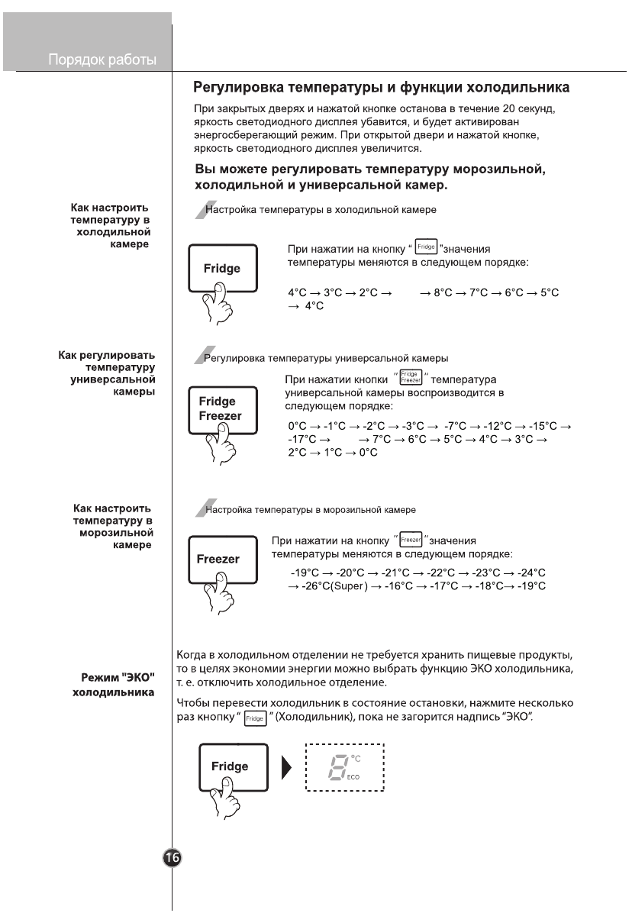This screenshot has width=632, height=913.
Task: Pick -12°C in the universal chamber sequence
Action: click(494, 425)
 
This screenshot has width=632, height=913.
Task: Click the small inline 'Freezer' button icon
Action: click(411, 539)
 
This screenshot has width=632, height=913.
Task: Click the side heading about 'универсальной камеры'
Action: click(107, 373)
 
